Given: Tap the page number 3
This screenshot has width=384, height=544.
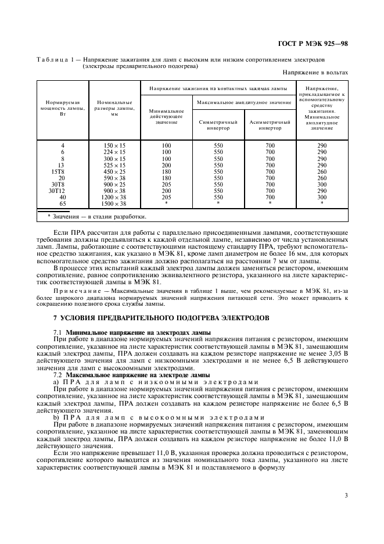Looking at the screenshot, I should pos(346,495).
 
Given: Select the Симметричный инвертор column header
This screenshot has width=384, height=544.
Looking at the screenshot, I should pos(218,126).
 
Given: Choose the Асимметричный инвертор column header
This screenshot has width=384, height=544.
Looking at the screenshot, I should pos(270,126).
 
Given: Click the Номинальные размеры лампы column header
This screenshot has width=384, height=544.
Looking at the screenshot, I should pos(114,108).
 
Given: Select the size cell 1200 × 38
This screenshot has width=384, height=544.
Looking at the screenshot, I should pos(114,197).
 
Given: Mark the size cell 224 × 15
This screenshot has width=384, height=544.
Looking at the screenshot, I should pos(114,152).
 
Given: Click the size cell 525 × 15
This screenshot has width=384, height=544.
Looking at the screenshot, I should pos(114,165).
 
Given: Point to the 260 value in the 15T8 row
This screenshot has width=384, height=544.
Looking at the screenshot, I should pos(321,172).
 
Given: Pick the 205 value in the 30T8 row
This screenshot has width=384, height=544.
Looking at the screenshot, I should pos(166,184).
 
